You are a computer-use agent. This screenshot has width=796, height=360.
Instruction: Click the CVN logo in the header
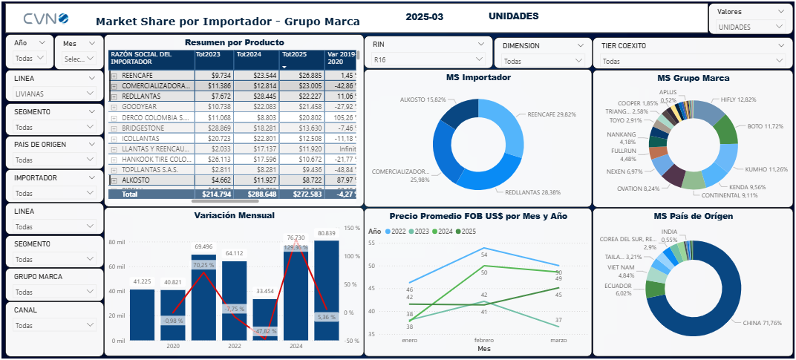click(46, 18)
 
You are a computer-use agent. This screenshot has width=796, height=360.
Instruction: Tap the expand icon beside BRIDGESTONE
click(114, 128)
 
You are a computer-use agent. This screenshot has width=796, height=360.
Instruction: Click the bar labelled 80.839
click(326, 289)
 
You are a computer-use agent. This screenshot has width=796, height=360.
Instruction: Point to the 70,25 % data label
click(203, 265)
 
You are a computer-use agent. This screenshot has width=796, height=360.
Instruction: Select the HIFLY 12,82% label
click(737, 99)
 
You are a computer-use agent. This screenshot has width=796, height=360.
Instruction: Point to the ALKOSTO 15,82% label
click(423, 99)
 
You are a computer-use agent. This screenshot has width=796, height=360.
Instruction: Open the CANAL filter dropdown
click(54, 325)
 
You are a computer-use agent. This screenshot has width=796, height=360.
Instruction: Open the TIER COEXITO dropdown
click(692, 61)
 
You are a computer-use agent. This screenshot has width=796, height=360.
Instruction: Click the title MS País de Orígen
click(693, 216)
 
